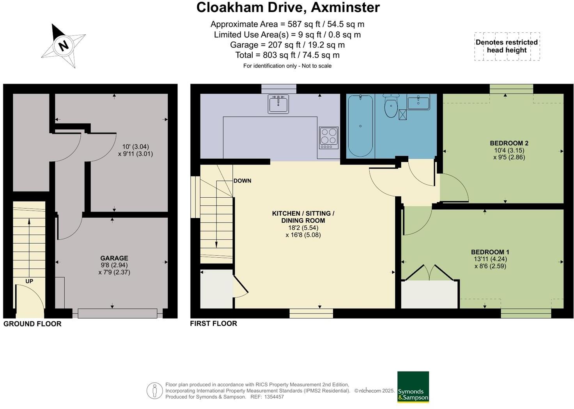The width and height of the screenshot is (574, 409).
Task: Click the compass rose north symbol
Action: (63, 45)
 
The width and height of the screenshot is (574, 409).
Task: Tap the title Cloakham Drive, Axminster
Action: (288, 7)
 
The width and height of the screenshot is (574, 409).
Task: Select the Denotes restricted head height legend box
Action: (507, 46)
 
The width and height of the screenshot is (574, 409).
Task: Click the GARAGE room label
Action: (114, 258)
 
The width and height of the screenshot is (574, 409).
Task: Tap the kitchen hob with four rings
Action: (328, 138)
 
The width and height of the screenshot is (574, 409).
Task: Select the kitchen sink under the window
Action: (278, 104)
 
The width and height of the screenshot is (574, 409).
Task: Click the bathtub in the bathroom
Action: (360, 126)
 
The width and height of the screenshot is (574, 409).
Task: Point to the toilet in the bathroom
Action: (390, 106)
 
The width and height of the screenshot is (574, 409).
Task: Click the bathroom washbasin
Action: (418, 103)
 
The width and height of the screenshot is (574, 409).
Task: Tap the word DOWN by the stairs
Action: (242, 181)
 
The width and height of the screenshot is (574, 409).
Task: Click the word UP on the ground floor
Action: (29, 281)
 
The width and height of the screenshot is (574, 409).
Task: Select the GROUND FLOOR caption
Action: (32, 324)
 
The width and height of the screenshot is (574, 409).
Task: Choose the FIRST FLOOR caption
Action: (213, 324)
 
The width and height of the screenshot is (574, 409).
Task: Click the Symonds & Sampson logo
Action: (413, 387)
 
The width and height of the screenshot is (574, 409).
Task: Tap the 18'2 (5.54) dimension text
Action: (303, 228)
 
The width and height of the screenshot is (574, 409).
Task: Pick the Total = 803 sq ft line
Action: (287, 55)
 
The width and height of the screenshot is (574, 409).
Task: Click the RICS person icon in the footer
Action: (154, 391)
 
